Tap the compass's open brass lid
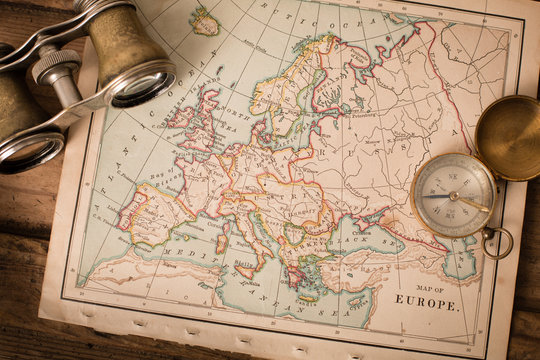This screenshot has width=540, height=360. click(507, 137)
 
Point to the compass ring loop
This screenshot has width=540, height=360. click(497, 242)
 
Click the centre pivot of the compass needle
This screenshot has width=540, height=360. click(454, 196)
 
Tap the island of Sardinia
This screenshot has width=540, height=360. click(220, 243)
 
